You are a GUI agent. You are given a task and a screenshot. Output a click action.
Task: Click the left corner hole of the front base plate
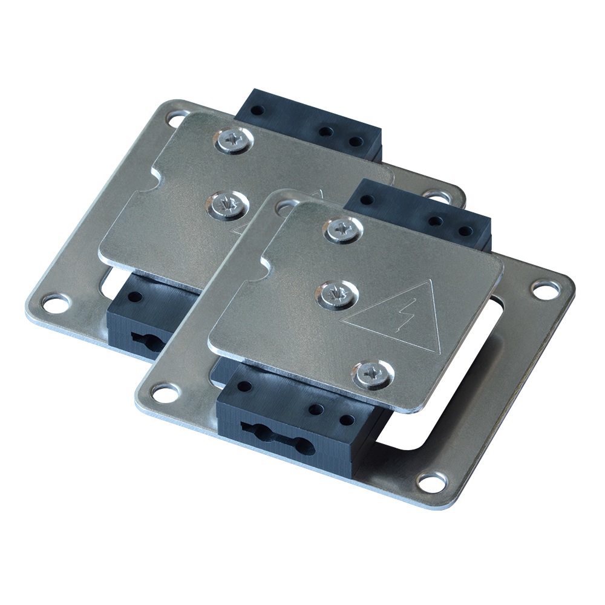(162, 393)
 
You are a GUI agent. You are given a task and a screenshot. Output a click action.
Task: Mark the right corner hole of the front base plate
(541, 287)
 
